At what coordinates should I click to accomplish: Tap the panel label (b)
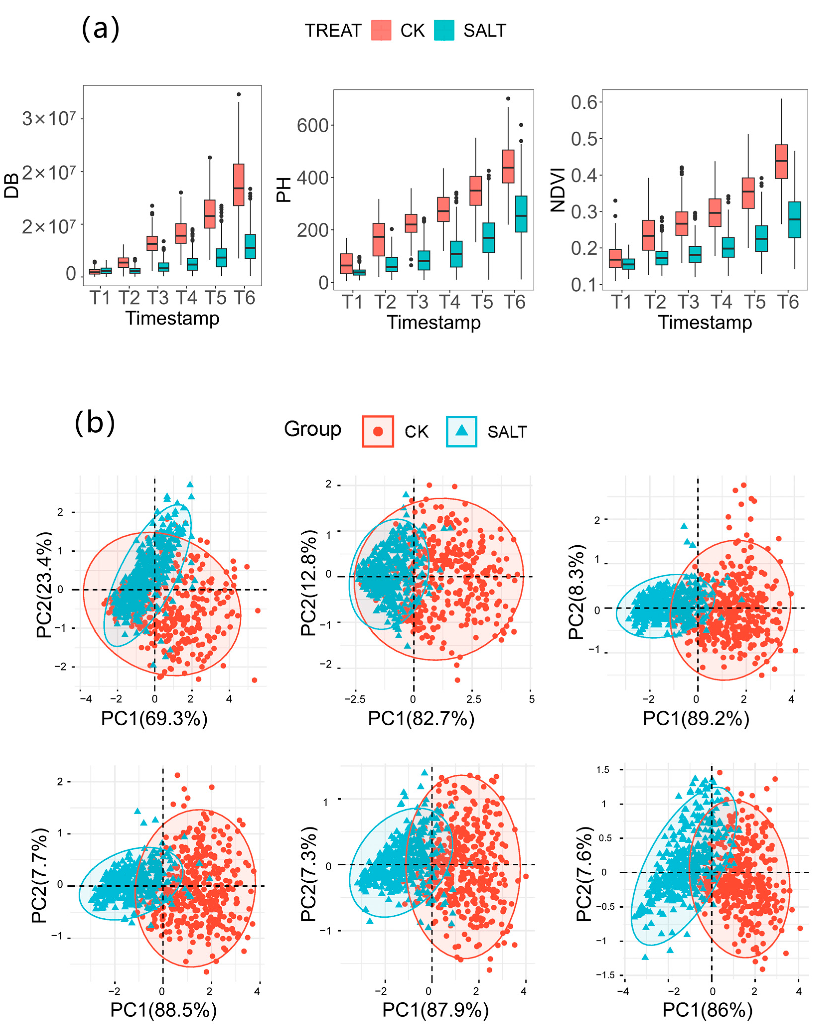[x=95, y=422]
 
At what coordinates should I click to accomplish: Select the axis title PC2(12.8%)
[x=309, y=583]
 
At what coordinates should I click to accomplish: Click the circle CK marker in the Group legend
[x=378, y=431]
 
